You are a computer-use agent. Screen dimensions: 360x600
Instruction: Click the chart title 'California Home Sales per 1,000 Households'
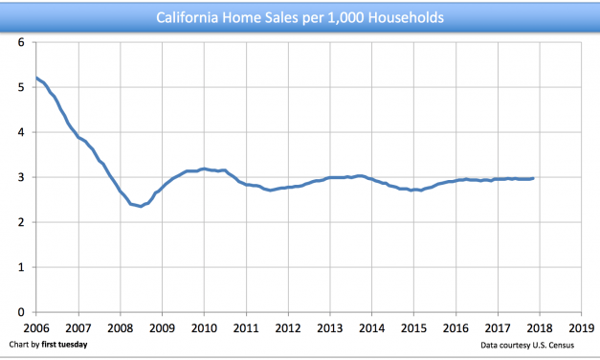[x=300, y=17]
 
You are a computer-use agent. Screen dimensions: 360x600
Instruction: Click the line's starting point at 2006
[x=36, y=78]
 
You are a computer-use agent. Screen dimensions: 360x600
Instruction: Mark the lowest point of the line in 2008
[x=141, y=206]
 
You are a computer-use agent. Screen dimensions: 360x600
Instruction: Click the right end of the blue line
[x=533, y=178]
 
